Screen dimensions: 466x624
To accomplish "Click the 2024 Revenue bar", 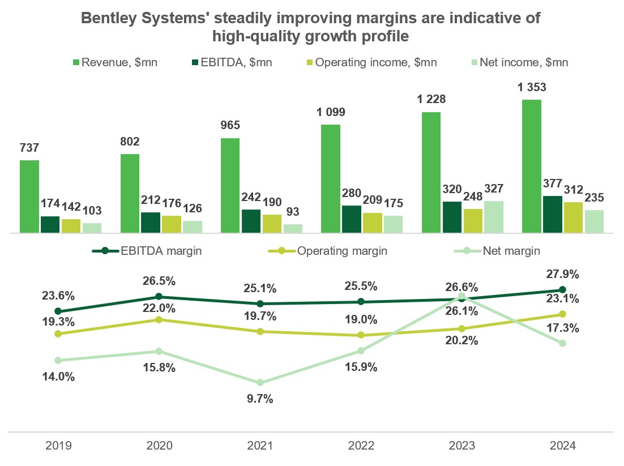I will [x=531, y=166].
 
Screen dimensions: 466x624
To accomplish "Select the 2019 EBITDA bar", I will [x=50, y=224].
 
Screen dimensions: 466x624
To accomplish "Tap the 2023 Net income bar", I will [x=494, y=217].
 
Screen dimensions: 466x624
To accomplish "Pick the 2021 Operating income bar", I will [x=272, y=224].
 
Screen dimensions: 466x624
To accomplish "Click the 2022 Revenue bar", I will [x=331, y=178].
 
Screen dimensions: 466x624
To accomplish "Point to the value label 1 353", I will [x=531, y=88].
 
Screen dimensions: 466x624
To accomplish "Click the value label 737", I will [x=29, y=148].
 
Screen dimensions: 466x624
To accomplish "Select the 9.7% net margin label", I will [x=260, y=399].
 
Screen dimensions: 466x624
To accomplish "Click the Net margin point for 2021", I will [x=260, y=383].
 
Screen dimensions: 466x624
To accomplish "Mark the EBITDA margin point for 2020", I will [x=159, y=297].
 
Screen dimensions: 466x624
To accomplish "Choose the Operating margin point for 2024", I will [x=562, y=314].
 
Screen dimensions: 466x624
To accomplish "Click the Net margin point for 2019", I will [x=58, y=360].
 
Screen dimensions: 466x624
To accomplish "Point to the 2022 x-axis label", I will [x=361, y=446].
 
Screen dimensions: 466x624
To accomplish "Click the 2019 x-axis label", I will [x=58, y=446].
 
